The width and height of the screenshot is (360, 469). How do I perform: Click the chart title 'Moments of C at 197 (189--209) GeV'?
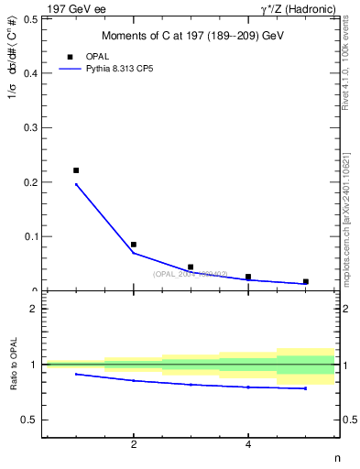(x=191, y=36)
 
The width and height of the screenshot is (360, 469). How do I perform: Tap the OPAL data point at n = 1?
(x=76, y=170)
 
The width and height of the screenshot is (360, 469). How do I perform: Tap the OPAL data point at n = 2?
(x=134, y=245)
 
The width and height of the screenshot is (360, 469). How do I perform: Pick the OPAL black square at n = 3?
(x=191, y=267)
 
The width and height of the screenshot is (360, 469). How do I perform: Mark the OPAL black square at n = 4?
(x=248, y=277)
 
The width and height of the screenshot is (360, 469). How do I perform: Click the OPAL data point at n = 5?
(x=305, y=281)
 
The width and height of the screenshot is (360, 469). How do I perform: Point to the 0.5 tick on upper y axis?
(x=30, y=18)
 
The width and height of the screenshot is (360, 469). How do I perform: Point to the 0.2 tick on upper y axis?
(x=30, y=182)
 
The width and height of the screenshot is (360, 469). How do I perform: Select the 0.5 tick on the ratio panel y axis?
(x=30, y=420)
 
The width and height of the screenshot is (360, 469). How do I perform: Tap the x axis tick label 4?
(x=248, y=445)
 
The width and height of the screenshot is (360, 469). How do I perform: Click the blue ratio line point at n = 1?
(x=76, y=374)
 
